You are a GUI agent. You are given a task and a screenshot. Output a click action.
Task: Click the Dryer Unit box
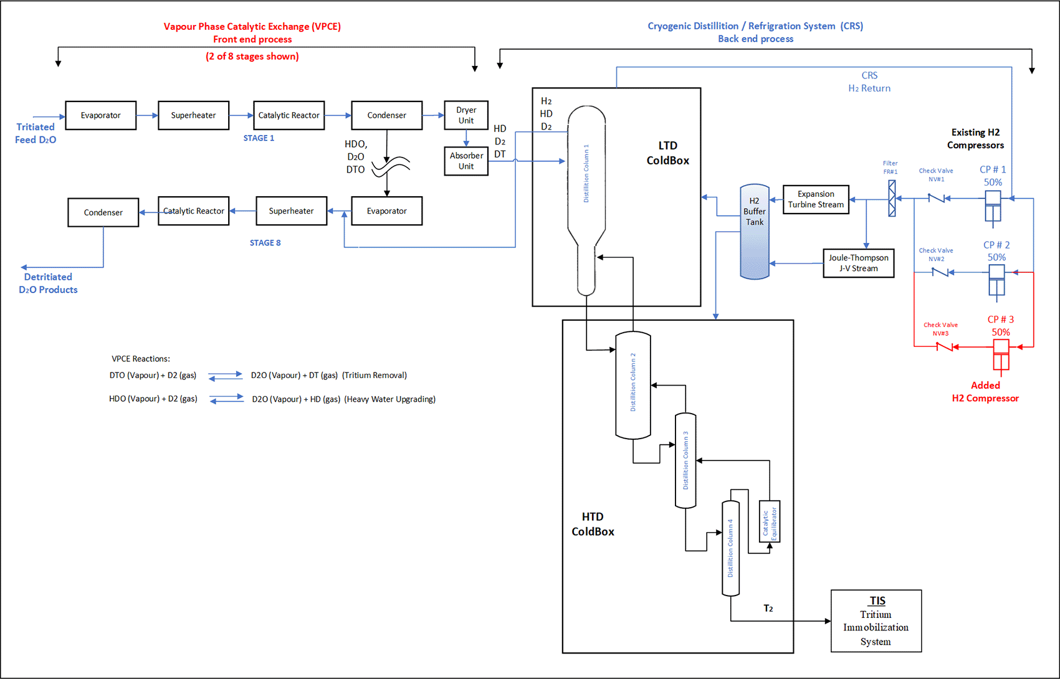click(x=466, y=115)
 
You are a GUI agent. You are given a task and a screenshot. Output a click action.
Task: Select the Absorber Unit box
click(x=466, y=161)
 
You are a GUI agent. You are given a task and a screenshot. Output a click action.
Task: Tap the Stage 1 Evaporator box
click(x=100, y=115)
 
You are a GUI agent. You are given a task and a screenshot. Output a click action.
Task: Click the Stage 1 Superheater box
click(x=193, y=115)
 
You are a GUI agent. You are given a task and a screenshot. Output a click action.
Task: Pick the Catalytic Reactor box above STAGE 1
click(x=289, y=115)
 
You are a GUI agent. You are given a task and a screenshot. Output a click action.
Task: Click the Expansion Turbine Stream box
click(x=815, y=199)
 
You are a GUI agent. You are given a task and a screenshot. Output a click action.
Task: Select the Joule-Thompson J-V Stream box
click(x=858, y=263)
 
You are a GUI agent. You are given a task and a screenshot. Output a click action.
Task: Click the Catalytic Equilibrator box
click(x=770, y=521)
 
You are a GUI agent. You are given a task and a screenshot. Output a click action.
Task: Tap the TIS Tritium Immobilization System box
click(x=876, y=621)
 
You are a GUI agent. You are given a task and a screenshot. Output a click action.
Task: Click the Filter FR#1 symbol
click(x=892, y=198)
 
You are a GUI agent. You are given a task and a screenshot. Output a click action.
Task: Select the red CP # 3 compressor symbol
click(x=1000, y=355)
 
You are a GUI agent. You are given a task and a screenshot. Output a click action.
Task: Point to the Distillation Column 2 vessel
click(x=633, y=385)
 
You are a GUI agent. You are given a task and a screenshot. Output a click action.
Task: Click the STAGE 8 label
click(x=265, y=243)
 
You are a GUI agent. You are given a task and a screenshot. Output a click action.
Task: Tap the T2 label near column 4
click(x=768, y=608)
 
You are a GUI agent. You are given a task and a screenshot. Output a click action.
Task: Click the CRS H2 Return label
click(x=869, y=82)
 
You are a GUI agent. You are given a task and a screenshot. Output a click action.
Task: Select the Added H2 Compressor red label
click(x=985, y=392)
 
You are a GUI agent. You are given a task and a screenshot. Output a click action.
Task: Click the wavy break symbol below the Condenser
click(x=391, y=166)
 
